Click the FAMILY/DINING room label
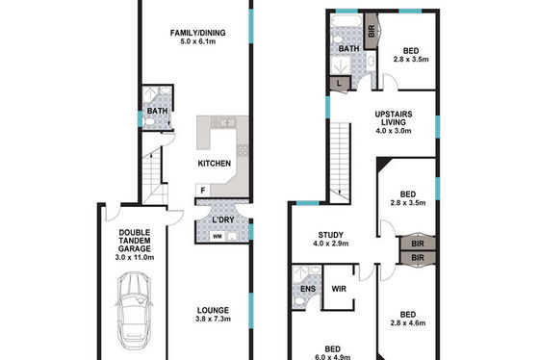[197, 33]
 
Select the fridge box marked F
[203, 191]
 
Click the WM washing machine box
[218, 236]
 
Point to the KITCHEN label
[214, 164]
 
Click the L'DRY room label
[222, 219]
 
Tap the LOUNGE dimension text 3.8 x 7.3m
[213, 319]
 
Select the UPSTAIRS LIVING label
[394, 118]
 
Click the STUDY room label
[331, 235]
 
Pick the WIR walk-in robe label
[339, 289]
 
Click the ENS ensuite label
[308, 289]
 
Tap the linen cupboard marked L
[340, 83]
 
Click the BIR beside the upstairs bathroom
[372, 32]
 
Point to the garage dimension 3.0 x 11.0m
[135, 257]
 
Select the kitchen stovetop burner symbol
[242, 150]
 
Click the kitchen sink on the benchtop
[223, 122]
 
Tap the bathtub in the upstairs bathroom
[346, 20]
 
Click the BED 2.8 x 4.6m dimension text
[408, 323]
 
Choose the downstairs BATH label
[158, 111]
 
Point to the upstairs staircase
[341, 163]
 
